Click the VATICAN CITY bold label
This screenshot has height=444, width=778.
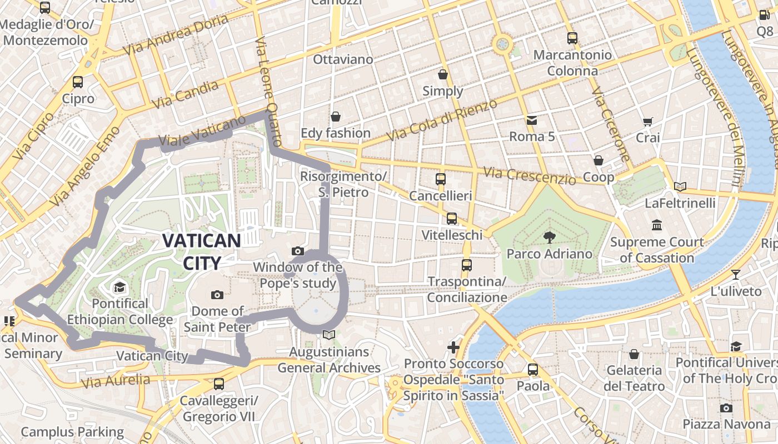tap(202, 251)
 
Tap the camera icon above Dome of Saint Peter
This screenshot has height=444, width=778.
tap(217, 295)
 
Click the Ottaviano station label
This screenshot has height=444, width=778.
tap(343, 59)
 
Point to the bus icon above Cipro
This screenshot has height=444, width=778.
tap(78, 82)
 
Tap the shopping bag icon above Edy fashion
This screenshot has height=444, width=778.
tap(335, 117)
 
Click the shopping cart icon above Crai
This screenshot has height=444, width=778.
tap(647, 122)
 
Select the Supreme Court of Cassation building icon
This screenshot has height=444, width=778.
tap(657, 225)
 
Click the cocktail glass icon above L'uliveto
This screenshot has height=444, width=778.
tap(736, 274)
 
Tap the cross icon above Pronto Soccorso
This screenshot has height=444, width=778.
tap(453, 347)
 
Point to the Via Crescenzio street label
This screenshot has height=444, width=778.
tap(530, 175)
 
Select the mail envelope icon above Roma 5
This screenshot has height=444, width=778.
tap(532, 120)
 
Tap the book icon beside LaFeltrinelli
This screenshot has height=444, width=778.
tap(680, 186)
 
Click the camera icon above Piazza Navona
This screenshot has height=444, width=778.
tap(726, 408)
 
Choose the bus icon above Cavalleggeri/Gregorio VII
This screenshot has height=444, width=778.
tap(219, 384)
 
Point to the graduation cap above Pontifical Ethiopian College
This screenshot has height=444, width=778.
tap(119, 287)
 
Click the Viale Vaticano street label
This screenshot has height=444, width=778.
tap(202, 132)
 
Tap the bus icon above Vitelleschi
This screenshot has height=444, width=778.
tap(452, 219)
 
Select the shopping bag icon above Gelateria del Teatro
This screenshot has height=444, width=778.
tap(634, 354)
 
